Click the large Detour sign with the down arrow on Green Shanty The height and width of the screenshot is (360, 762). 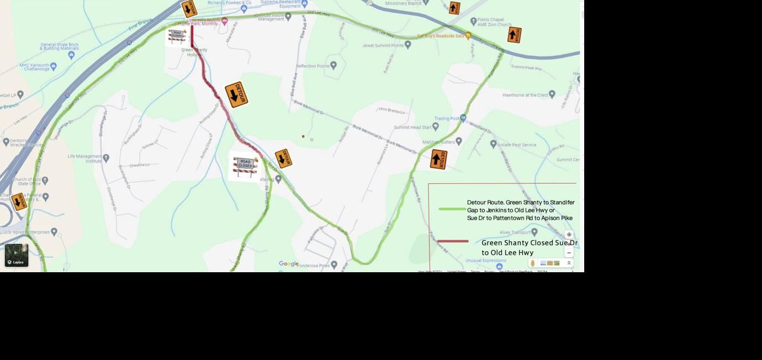(236, 94)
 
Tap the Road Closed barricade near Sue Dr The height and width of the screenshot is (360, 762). (245, 166)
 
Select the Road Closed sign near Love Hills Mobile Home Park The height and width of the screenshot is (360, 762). (177, 36)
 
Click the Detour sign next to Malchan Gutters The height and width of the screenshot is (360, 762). (438, 159)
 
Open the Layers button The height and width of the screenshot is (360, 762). (17, 255)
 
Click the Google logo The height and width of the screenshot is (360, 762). (288, 264)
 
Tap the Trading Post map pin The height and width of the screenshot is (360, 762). (463, 118)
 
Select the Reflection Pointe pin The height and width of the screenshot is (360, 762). (334, 65)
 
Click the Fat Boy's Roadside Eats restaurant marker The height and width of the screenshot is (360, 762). (468, 36)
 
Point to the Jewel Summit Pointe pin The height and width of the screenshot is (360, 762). (408, 45)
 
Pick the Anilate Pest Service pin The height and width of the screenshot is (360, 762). (493, 144)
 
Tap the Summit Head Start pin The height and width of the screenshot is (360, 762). (436, 126)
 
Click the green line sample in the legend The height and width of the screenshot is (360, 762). (452, 209)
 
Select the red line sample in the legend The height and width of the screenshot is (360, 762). (453, 241)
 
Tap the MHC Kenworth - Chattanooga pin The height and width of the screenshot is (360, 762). (54, 66)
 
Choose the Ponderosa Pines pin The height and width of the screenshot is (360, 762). (334, 265)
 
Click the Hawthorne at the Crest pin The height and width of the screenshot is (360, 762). (552, 94)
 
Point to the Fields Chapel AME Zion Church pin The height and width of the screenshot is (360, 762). (473, 21)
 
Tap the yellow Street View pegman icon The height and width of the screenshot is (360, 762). (533, 263)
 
